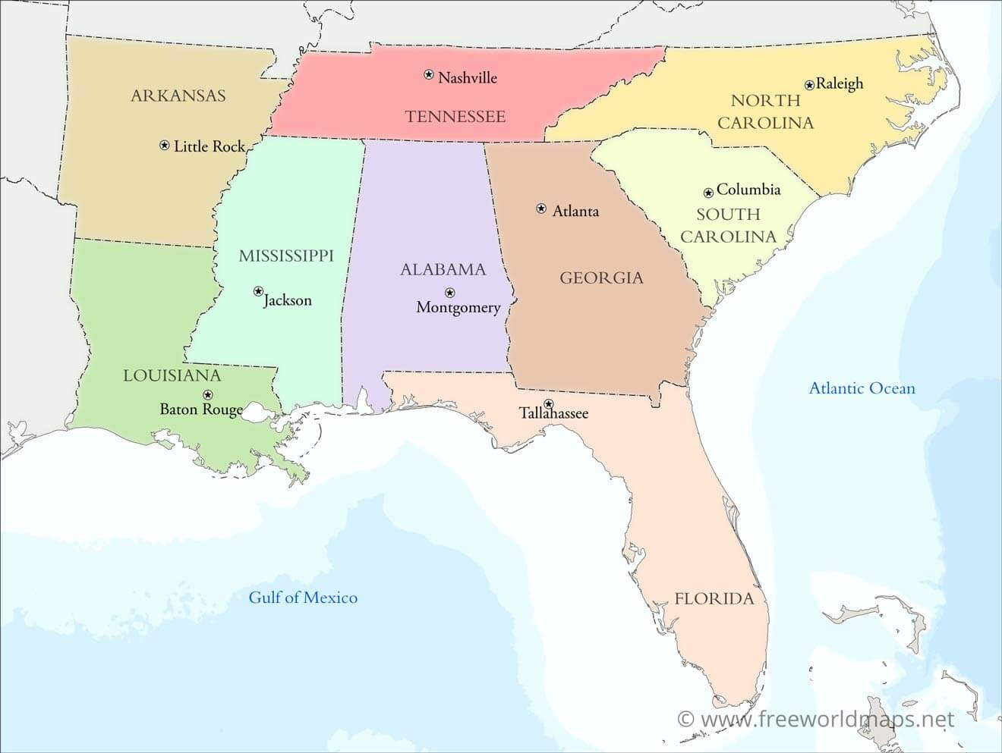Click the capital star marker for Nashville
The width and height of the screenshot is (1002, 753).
coord(429,74)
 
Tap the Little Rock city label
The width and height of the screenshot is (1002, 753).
coord(210,146)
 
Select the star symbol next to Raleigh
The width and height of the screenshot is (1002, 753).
coord(810,85)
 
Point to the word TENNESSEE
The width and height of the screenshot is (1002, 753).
coord(455,117)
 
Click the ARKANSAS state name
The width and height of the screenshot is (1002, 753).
coord(178,96)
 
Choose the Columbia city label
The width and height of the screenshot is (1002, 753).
coord(748,190)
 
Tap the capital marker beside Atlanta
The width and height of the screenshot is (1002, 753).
coord(541,209)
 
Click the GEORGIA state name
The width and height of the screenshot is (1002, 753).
coord(601,278)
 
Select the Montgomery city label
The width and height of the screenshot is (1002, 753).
coord(458,307)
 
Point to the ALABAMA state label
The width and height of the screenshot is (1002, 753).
coord(443,269)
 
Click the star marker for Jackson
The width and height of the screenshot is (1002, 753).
coord(258,291)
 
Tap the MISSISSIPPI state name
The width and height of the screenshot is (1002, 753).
coord(286,256)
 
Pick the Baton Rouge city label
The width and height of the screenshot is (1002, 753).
coord(201,409)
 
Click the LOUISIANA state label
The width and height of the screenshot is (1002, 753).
coord(172,375)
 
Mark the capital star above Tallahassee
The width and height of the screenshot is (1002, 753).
coord(549,403)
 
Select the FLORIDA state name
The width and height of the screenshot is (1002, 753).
coord(714,599)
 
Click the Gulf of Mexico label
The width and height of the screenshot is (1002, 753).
coord(303,598)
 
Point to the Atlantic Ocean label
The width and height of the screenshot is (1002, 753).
coord(862,388)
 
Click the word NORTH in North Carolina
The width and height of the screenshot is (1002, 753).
coord(765,101)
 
